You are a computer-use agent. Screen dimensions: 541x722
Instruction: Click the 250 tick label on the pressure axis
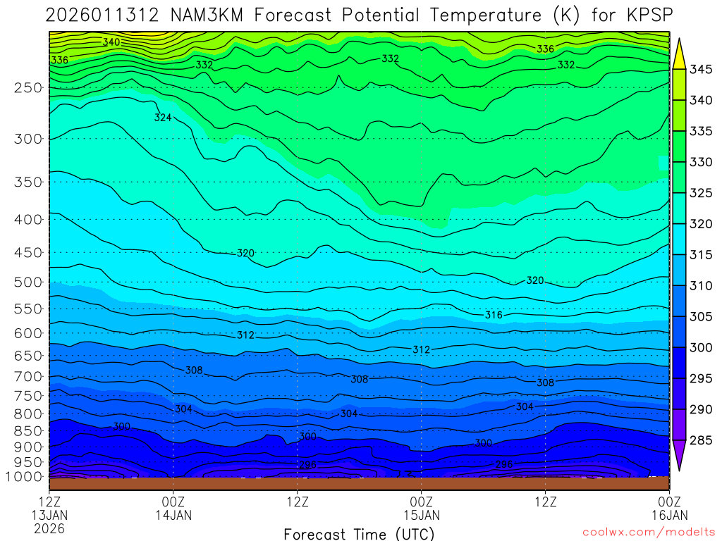[x=28, y=88]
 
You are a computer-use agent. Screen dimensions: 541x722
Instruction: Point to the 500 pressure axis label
[x=28, y=282]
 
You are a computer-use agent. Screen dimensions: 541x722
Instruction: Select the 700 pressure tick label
[x=28, y=376]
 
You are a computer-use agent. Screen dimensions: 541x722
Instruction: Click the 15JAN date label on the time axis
[x=422, y=515]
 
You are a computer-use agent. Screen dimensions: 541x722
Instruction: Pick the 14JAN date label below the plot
[x=173, y=515]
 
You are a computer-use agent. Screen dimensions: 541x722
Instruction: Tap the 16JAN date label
[x=668, y=515]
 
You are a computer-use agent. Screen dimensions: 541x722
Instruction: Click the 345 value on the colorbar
[x=701, y=69]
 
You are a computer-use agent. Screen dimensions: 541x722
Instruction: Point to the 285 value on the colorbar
[x=701, y=441]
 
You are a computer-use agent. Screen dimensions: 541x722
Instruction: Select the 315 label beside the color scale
[x=701, y=255]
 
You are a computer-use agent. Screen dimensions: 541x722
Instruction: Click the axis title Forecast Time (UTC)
[x=359, y=534]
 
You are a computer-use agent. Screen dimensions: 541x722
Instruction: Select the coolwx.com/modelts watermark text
[x=648, y=531]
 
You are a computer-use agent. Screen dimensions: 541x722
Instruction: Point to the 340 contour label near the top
[x=111, y=42]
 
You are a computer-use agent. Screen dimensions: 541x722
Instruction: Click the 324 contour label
[x=163, y=118]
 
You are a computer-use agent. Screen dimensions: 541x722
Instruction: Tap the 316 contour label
[x=494, y=315]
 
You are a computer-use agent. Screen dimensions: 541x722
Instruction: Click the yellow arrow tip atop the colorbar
[x=680, y=44]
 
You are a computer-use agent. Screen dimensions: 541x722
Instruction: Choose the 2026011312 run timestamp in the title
[x=102, y=15]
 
